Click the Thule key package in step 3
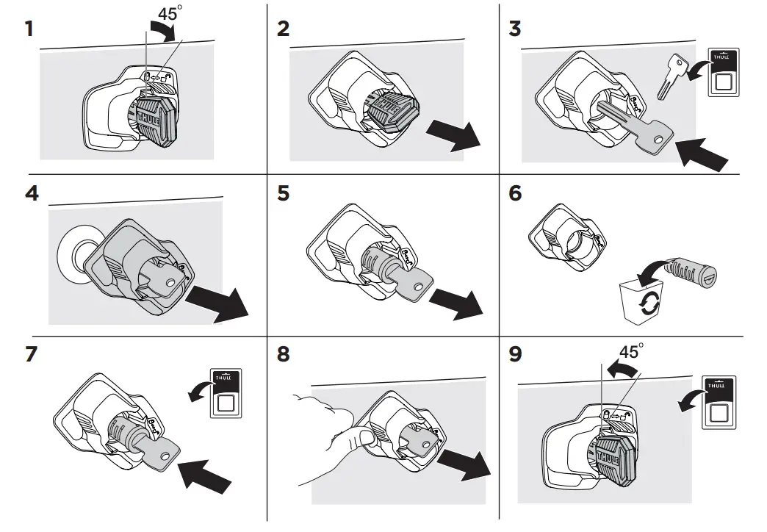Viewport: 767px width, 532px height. coord(722,72)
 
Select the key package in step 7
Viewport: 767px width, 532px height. coord(226,393)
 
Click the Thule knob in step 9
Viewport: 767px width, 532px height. coord(607,456)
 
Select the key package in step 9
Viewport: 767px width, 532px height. coord(719,400)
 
